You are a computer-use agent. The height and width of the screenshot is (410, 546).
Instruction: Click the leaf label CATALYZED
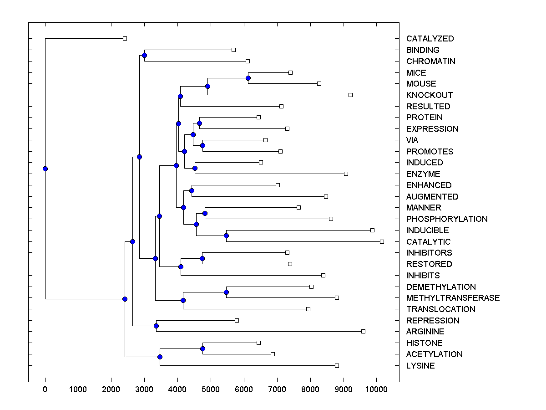tap(430, 39)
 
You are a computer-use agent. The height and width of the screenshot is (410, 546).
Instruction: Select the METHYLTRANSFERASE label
tap(453, 298)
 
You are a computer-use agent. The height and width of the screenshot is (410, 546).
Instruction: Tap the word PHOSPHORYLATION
tap(447, 219)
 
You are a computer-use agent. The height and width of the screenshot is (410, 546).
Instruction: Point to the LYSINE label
tap(420, 366)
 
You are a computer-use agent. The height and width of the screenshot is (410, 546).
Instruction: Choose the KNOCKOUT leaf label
tap(430, 95)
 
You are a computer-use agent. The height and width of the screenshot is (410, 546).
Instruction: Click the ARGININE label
tap(425, 332)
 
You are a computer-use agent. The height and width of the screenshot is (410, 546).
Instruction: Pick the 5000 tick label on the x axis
tap(211, 389)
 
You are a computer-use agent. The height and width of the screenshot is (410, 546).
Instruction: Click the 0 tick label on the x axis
tap(45, 389)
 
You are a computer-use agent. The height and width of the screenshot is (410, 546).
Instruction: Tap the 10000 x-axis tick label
tap(376, 389)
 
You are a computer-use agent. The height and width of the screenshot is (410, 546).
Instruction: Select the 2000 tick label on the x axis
tap(111, 389)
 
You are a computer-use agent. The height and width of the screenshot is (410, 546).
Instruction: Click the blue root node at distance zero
tap(45, 169)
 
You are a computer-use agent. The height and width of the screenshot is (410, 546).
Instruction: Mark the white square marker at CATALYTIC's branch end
tap(382, 241)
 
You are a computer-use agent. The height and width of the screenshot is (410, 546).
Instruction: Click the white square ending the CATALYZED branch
tap(125, 39)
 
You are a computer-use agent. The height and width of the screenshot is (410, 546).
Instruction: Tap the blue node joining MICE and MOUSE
tap(248, 78)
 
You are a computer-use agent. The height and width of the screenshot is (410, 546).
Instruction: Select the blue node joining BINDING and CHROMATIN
tap(144, 56)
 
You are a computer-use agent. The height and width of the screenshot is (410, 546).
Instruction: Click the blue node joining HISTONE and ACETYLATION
tap(202, 348)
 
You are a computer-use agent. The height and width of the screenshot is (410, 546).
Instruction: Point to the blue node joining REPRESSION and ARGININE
tap(156, 326)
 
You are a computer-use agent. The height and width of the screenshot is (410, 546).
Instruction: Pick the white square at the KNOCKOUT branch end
tap(350, 95)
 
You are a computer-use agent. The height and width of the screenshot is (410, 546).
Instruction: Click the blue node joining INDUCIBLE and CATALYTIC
tap(226, 236)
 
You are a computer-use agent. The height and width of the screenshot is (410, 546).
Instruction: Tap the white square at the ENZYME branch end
tap(346, 174)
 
